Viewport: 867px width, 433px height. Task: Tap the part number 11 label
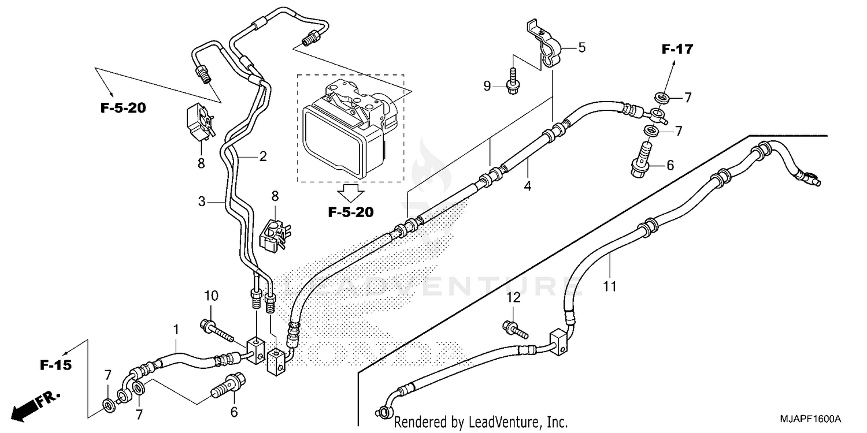(x=610, y=286)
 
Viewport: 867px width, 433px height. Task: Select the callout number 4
(x=527, y=186)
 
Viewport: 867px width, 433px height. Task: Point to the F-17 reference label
(x=677, y=50)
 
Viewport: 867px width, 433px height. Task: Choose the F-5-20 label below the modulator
(x=350, y=212)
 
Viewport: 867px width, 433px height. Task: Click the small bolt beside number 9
(x=512, y=81)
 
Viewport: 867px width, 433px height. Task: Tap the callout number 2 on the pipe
(x=262, y=156)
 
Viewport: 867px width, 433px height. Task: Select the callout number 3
(x=202, y=201)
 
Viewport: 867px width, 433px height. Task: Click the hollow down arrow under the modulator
(x=350, y=190)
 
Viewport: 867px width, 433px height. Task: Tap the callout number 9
(x=487, y=86)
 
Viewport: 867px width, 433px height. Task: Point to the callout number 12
(x=514, y=297)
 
